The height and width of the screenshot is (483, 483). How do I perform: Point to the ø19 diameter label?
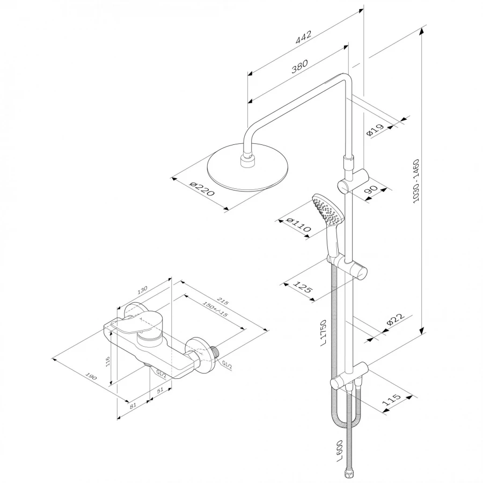click(375, 130)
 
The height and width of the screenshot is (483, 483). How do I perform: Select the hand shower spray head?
click(327, 211)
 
